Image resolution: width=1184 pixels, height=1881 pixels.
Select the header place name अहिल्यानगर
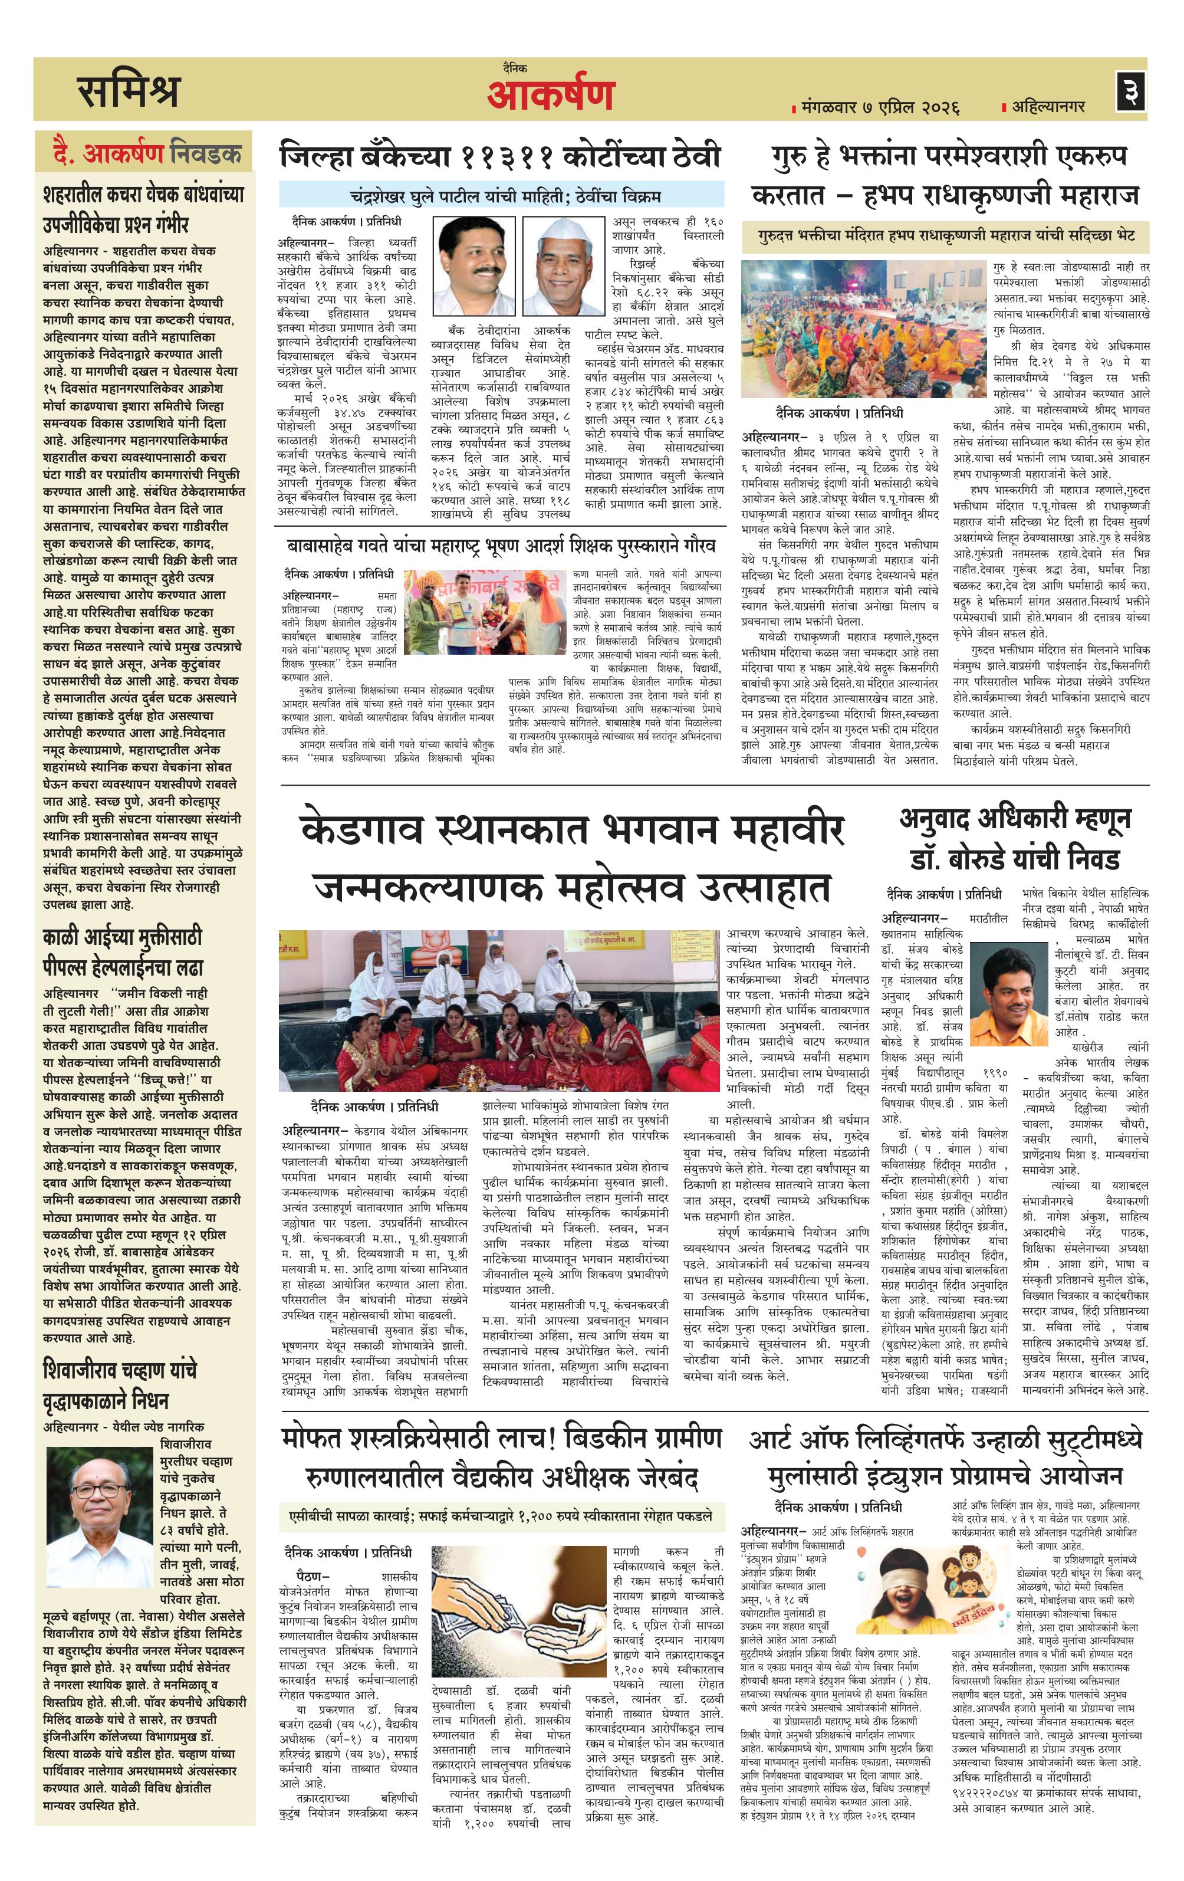[x=1047, y=106]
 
